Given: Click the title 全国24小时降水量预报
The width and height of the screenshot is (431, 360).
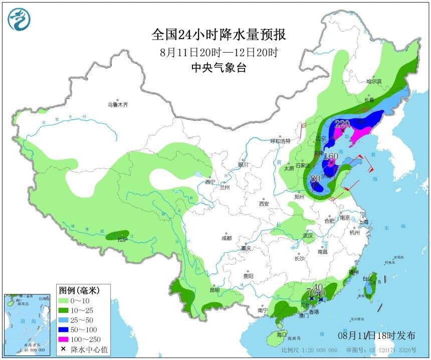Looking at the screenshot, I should [x=219, y=35].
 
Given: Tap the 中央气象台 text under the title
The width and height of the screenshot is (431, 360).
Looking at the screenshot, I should [x=219, y=69].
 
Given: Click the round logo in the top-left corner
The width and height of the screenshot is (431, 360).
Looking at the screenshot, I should [x=19, y=19].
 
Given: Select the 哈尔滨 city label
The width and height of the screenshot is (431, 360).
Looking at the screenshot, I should [x=373, y=81].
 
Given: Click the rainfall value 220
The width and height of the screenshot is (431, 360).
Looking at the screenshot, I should [x=342, y=124].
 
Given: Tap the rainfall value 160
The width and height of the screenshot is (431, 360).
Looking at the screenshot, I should [x=330, y=156].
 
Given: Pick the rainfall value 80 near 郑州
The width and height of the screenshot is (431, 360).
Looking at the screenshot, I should [x=315, y=178].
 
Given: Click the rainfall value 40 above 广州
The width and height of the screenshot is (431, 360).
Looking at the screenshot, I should [x=318, y=287].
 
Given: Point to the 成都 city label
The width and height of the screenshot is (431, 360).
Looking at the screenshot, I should [x=226, y=238].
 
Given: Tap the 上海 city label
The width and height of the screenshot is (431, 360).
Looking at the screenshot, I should [x=363, y=222].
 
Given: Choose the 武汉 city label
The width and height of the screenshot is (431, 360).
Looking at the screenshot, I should [x=307, y=235].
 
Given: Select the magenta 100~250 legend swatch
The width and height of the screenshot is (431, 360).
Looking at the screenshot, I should [x=65, y=339].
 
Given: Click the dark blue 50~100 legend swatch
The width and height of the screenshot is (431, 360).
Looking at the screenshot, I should [x=65, y=329].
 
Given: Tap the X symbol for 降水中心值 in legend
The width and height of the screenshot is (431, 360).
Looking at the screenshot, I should [x=64, y=349].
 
